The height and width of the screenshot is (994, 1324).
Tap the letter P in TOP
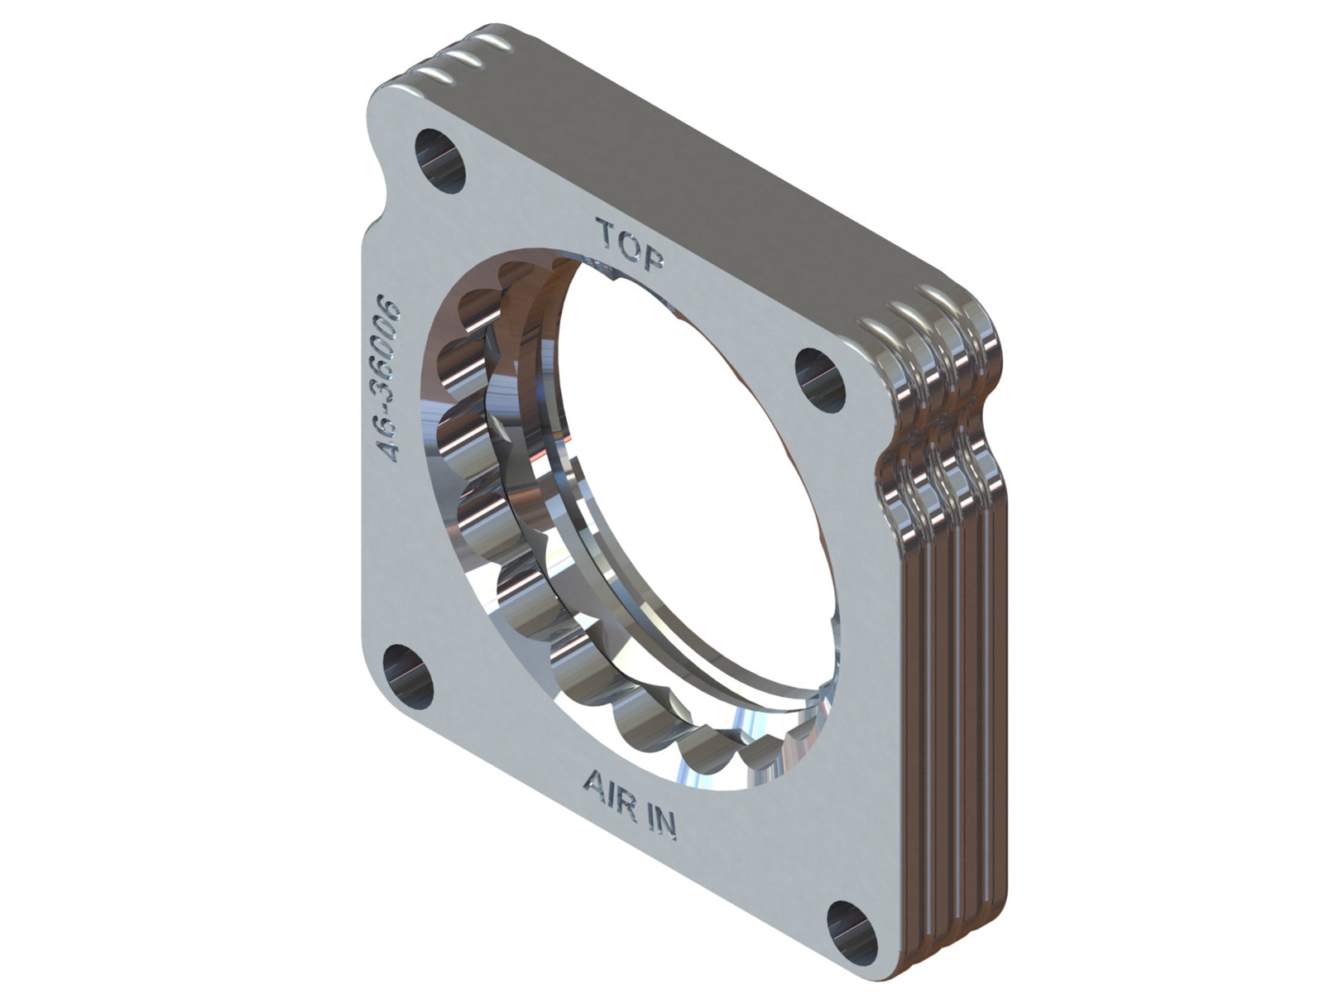coord(653,256)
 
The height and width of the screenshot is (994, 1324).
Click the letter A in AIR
coord(596,784)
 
